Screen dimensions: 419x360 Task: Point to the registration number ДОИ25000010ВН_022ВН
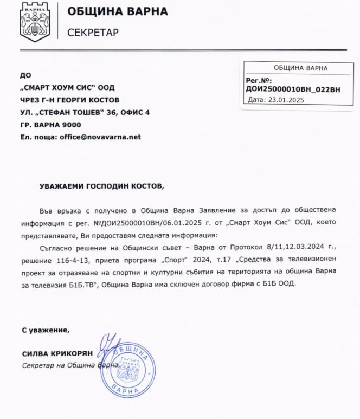coord(292,89)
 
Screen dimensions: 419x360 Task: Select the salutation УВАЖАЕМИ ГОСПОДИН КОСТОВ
coord(101,186)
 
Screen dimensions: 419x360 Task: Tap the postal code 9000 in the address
coord(71,125)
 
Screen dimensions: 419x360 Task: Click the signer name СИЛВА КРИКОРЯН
coord(57,353)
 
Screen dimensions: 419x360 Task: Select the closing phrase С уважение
coord(46,329)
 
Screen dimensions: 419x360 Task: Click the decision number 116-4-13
coord(80,259)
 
